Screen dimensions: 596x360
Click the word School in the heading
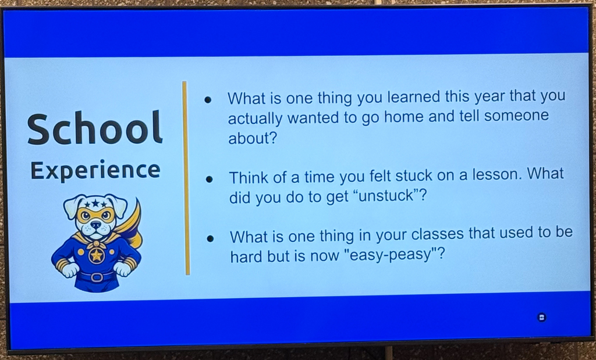click(x=95, y=128)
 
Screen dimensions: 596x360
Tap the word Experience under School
click(x=95, y=170)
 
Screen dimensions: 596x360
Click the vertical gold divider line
click(x=186, y=178)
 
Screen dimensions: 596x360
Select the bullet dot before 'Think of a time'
click(x=209, y=179)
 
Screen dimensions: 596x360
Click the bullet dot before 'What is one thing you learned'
click(x=208, y=100)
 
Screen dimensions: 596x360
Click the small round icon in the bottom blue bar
click(x=542, y=317)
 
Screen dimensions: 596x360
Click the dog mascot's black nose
click(x=96, y=225)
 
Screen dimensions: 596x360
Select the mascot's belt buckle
click(x=97, y=276)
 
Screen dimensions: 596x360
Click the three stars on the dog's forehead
click(x=95, y=204)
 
